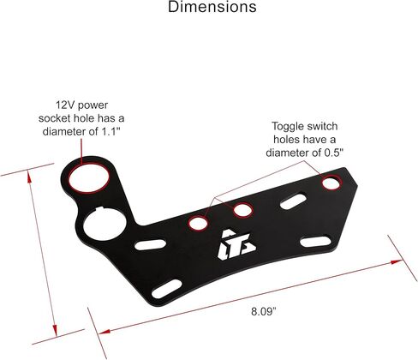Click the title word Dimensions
click(212, 7)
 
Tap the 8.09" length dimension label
click(264, 311)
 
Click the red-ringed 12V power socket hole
click(89, 177)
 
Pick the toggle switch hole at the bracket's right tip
click(331, 183)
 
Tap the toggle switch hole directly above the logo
click(243, 210)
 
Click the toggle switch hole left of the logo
click(198, 223)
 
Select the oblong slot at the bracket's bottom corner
click(167, 289)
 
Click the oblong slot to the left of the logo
click(150, 245)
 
